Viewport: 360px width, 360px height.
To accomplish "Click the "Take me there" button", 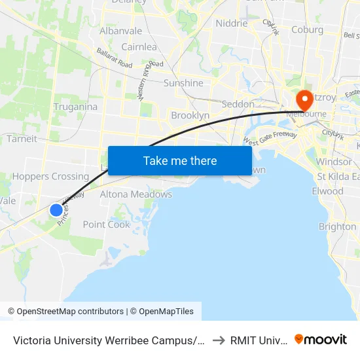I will coord(180,160).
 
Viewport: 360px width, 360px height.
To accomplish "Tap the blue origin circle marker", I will coord(56,210).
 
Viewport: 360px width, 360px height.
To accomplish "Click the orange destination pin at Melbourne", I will coord(304,100).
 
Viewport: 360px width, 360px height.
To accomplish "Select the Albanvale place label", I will coord(120,31).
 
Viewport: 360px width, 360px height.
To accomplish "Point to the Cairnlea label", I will coord(138,47).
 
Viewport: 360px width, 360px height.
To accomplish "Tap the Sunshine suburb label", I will coord(183,83).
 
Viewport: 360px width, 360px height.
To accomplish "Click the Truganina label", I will coord(75,107).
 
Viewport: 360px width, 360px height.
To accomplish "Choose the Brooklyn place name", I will coord(190,115).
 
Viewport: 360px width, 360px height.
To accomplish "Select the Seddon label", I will coord(238,104).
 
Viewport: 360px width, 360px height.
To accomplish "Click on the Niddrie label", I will coord(232,23).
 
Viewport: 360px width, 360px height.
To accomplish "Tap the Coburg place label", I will coord(307,29).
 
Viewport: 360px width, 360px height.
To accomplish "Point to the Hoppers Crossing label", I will coord(50,176).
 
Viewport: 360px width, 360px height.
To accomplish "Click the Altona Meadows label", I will coord(135,194).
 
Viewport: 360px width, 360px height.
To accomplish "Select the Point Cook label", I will coord(107,225).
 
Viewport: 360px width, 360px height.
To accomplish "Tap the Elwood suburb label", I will coord(327,191).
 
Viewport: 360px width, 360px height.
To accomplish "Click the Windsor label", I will coord(334,162).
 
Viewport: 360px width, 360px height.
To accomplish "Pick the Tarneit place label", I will coord(22,139).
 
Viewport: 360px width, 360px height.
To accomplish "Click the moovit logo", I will coord(321,340).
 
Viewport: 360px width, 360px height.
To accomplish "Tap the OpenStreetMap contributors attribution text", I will coord(69,312).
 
